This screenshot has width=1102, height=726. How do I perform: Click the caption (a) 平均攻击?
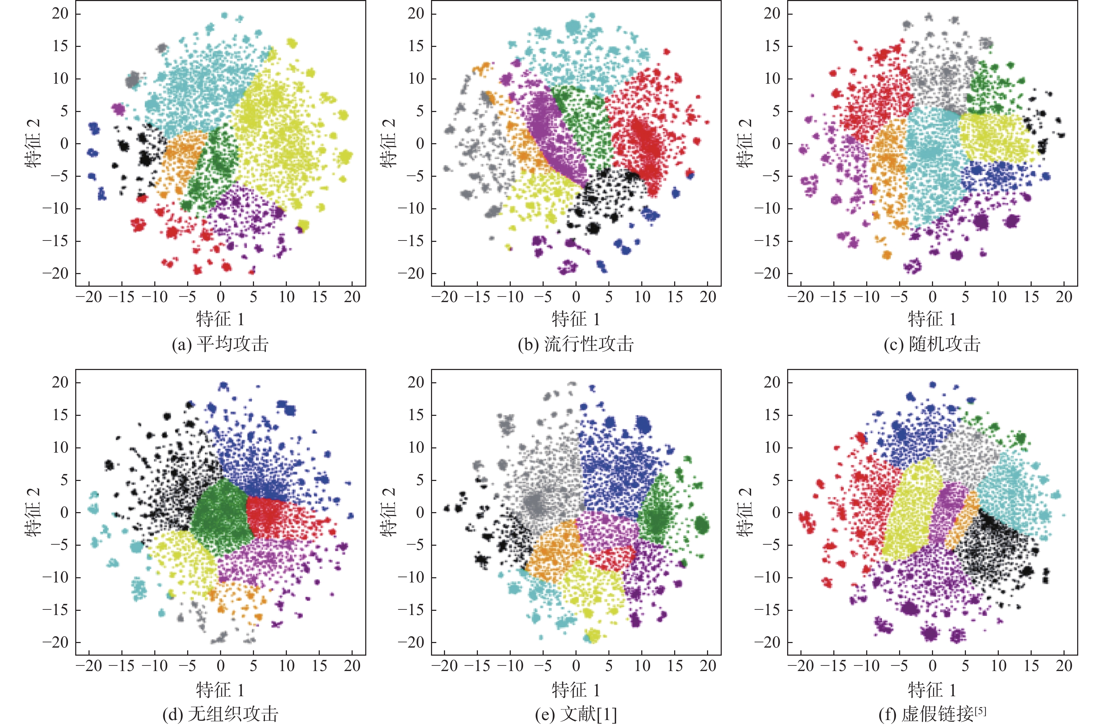(x=220, y=344)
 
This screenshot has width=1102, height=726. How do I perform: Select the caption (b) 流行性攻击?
(x=575, y=344)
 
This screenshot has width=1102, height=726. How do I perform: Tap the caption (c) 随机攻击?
(x=932, y=344)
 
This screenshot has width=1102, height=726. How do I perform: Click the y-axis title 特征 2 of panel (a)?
(x=33, y=143)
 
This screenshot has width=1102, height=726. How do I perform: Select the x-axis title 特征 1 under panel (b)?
(x=575, y=319)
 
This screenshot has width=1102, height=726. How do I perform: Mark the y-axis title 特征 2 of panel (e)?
(x=389, y=512)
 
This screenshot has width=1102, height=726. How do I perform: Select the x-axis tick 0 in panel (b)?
(x=575, y=296)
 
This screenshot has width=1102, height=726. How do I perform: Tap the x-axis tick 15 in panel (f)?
(x=1031, y=666)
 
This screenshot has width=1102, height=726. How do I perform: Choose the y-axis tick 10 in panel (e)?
(x=416, y=448)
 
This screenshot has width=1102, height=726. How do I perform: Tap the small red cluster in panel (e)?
(x=612, y=558)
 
